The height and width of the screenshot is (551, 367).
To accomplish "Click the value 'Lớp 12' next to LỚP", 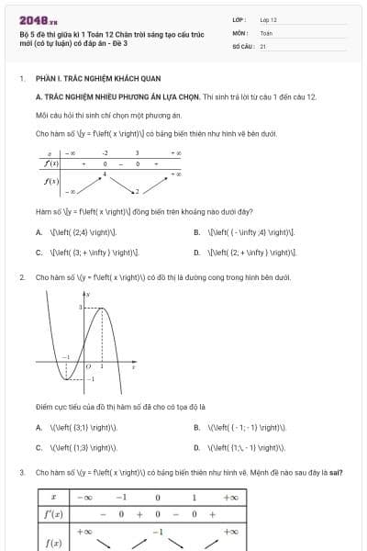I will coord(268,18).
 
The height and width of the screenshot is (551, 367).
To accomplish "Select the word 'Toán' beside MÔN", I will coord(266,32).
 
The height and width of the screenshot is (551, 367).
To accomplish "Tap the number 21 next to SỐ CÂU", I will coord(262,45).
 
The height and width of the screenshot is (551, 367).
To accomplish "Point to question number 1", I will coord(21,79).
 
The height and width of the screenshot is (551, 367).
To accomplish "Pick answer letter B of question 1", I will coord(197,232).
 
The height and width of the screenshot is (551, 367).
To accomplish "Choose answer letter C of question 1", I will coord(39,251).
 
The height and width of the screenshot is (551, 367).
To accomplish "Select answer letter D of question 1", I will coord(197,251).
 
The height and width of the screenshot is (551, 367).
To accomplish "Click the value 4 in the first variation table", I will coord(105,173).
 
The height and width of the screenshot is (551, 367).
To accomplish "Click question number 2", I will coord(21,276).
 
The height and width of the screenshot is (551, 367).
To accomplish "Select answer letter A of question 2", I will coord(39,427).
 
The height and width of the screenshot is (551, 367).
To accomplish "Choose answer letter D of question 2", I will coord(197,447).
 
